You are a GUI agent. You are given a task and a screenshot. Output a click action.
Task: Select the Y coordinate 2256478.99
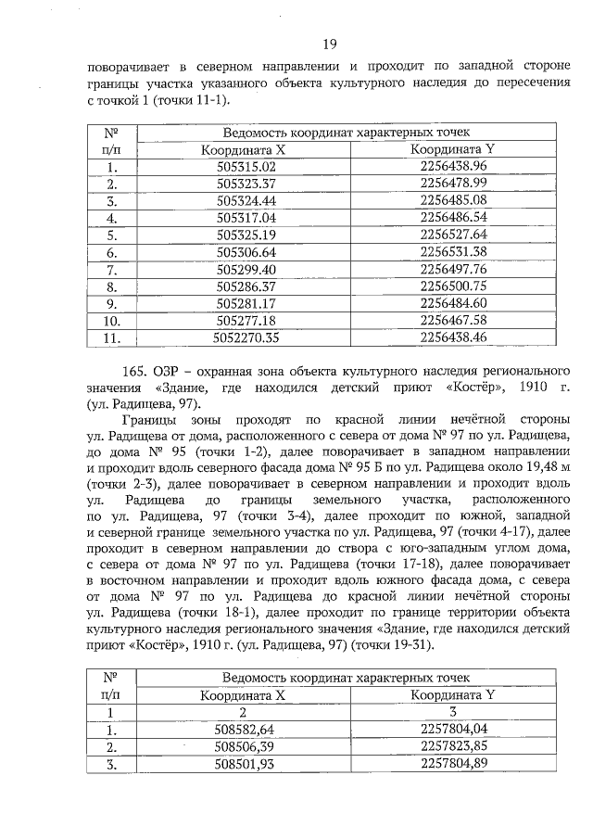(x=453, y=184)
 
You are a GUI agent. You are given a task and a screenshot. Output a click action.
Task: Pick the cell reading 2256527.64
(x=453, y=235)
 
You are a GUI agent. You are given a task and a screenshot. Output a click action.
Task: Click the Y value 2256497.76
(x=453, y=269)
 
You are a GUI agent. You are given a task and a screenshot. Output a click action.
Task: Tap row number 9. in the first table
(x=111, y=302)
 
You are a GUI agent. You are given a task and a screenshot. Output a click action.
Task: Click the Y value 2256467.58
(x=453, y=320)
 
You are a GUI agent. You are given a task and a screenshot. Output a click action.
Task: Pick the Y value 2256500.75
(x=453, y=286)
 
